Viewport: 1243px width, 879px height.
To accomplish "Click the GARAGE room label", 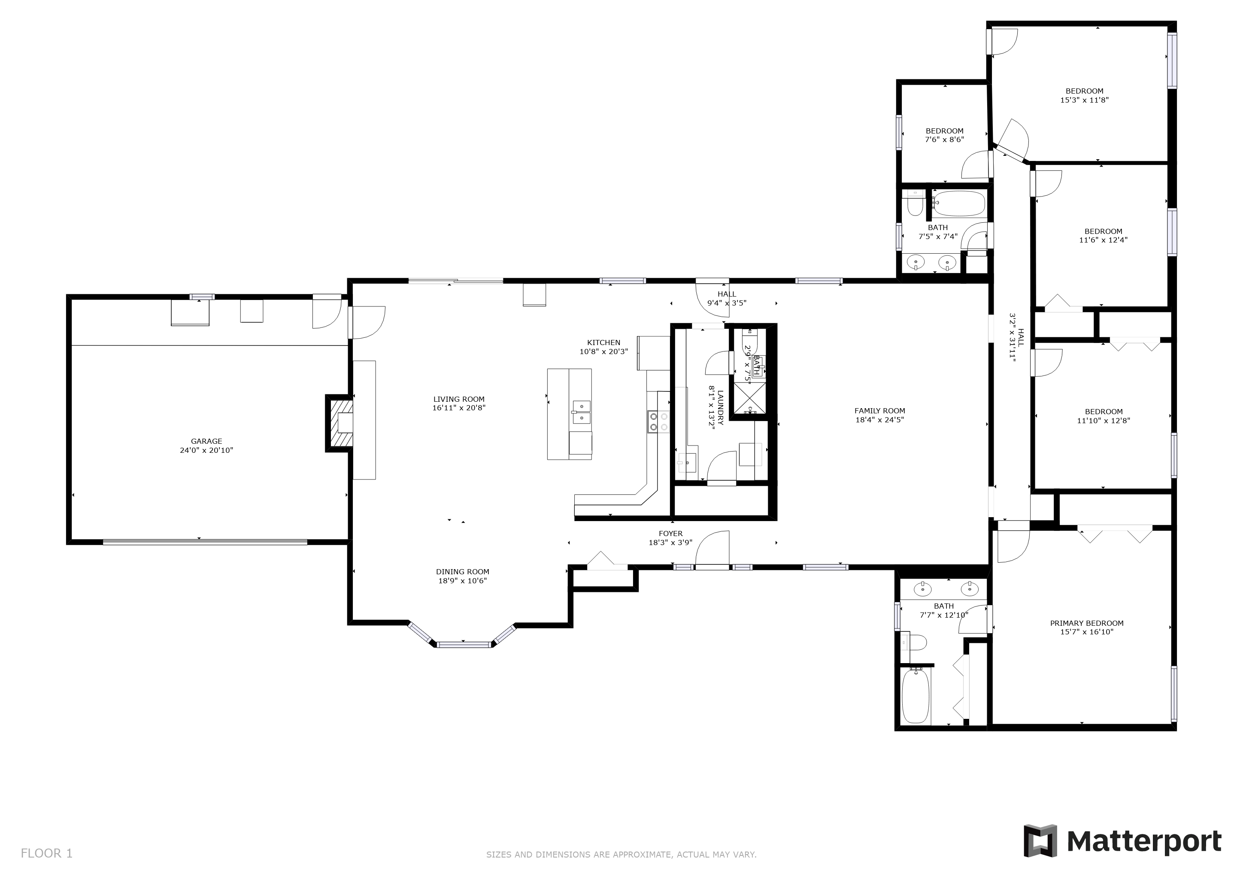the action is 206,441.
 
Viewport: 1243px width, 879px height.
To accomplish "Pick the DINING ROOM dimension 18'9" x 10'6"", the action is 462,581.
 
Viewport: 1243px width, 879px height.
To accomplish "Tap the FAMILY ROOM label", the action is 880,411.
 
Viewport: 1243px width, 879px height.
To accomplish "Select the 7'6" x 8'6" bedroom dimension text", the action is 944,139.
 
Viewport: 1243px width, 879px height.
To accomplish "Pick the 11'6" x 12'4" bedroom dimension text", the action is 1104,240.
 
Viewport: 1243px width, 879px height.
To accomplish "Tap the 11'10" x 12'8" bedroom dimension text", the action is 1104,421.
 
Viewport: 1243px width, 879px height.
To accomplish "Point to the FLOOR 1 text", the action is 46,854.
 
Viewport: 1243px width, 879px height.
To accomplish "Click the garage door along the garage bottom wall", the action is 205,541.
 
